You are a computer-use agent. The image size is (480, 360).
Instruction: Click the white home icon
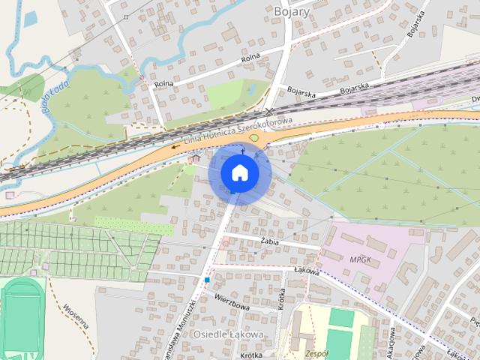239,172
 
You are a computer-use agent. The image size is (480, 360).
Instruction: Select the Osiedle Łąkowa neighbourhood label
228,333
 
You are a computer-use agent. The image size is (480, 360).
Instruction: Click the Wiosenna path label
75,315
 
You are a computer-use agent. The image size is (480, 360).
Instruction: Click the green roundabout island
254,138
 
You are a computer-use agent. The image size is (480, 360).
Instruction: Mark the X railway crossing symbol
269,111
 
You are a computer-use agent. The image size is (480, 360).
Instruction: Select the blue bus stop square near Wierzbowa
206,280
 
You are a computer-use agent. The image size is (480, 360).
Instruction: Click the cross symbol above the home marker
242,151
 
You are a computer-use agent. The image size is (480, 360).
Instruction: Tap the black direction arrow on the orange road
174,147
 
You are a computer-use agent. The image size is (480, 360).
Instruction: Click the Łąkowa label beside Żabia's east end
306,272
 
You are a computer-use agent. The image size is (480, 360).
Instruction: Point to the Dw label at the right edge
474,100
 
